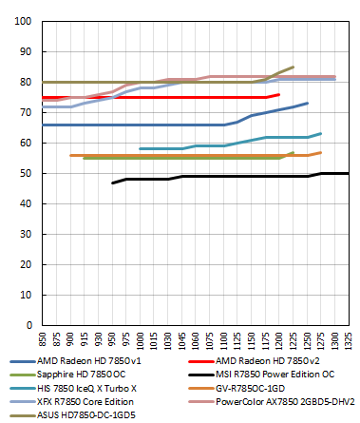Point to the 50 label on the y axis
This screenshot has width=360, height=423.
point(24,173)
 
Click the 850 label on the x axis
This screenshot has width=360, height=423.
point(42,338)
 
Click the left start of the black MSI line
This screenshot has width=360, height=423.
point(113,183)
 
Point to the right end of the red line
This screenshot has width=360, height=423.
point(279,94)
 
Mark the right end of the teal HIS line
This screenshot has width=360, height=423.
point(321,133)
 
